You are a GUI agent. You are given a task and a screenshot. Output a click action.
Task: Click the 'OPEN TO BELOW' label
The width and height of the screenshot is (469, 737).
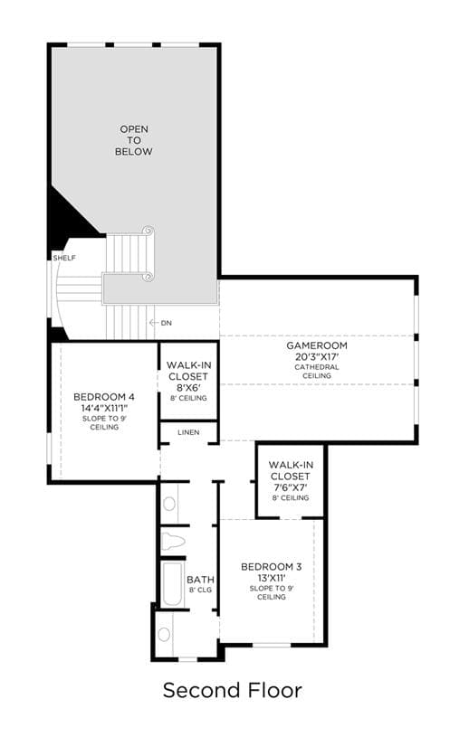coord(134,140)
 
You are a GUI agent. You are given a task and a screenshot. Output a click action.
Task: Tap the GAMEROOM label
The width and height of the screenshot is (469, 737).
coord(317,345)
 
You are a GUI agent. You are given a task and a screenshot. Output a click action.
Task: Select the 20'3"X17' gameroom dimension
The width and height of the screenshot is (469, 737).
coord(317,356)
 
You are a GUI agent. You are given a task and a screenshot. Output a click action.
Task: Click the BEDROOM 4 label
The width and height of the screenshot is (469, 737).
coord(104,397)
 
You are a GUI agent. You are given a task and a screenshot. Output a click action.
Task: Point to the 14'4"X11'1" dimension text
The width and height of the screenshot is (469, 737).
coord(104,408)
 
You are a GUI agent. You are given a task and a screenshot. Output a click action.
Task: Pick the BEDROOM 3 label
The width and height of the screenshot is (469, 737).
coord(271,567)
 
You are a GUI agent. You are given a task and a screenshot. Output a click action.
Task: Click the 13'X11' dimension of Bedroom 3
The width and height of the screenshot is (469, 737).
coord(271,578)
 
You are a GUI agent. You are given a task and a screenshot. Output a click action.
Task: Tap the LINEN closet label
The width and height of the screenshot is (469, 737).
coord(188,432)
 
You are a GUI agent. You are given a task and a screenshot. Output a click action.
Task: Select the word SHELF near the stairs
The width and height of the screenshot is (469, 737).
coord(64,258)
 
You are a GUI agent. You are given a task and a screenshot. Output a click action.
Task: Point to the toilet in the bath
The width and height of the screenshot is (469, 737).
coord(173,542)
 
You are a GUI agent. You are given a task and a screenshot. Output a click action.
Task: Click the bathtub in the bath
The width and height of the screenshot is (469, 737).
coord(172,584)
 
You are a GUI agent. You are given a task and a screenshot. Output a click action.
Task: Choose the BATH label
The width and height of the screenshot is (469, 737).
coord(200,580)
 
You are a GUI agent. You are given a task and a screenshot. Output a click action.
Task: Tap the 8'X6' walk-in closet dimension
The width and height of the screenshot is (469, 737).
coord(188,388)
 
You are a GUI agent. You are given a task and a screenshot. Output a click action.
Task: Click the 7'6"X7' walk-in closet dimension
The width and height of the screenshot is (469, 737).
coord(291,487)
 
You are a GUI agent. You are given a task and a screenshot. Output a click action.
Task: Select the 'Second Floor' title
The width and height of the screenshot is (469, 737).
coord(233,690)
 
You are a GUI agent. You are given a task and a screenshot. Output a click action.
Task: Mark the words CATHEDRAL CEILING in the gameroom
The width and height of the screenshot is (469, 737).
coord(317,372)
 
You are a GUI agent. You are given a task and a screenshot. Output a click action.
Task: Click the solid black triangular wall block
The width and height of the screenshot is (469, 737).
coord(71,217)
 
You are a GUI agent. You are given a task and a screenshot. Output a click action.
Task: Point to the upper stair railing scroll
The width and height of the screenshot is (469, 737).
coord(148,231)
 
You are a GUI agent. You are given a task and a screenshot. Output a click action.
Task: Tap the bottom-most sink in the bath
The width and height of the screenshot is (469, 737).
coord(164,634)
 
